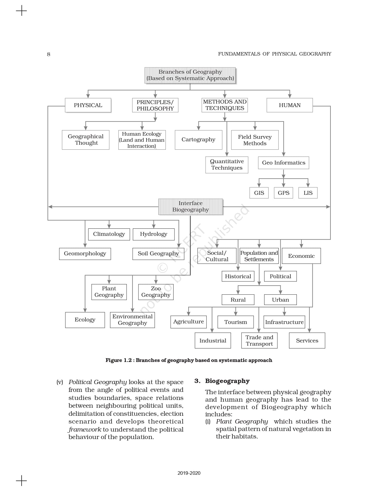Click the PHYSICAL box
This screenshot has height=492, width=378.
pos(88,105)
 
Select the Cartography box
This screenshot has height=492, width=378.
pos(198,140)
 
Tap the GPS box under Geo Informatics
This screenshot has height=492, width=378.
pos(284,193)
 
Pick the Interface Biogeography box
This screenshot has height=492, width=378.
pos(191,207)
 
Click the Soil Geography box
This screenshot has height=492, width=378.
pos(158,254)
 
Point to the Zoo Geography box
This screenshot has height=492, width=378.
pos(156,292)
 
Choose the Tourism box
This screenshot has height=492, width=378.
pos(235,322)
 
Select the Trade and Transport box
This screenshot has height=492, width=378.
pos(259,341)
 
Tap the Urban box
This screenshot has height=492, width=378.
pos(280,300)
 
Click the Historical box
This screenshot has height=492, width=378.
pos(238,276)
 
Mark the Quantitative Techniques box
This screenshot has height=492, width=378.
pos(227,165)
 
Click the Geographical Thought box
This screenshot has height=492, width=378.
pos(86,140)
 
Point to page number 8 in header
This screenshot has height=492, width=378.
pos(49,54)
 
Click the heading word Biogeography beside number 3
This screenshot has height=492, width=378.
pos(227,381)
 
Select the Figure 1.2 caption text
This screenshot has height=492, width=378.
pos(189,360)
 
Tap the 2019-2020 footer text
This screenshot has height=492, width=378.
pos(189,473)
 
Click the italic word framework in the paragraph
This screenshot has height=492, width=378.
pos(85,430)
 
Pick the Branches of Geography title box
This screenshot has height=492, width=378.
pos(190,75)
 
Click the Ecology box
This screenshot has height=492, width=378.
pos(85,320)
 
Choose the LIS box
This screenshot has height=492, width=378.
pos(308,193)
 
